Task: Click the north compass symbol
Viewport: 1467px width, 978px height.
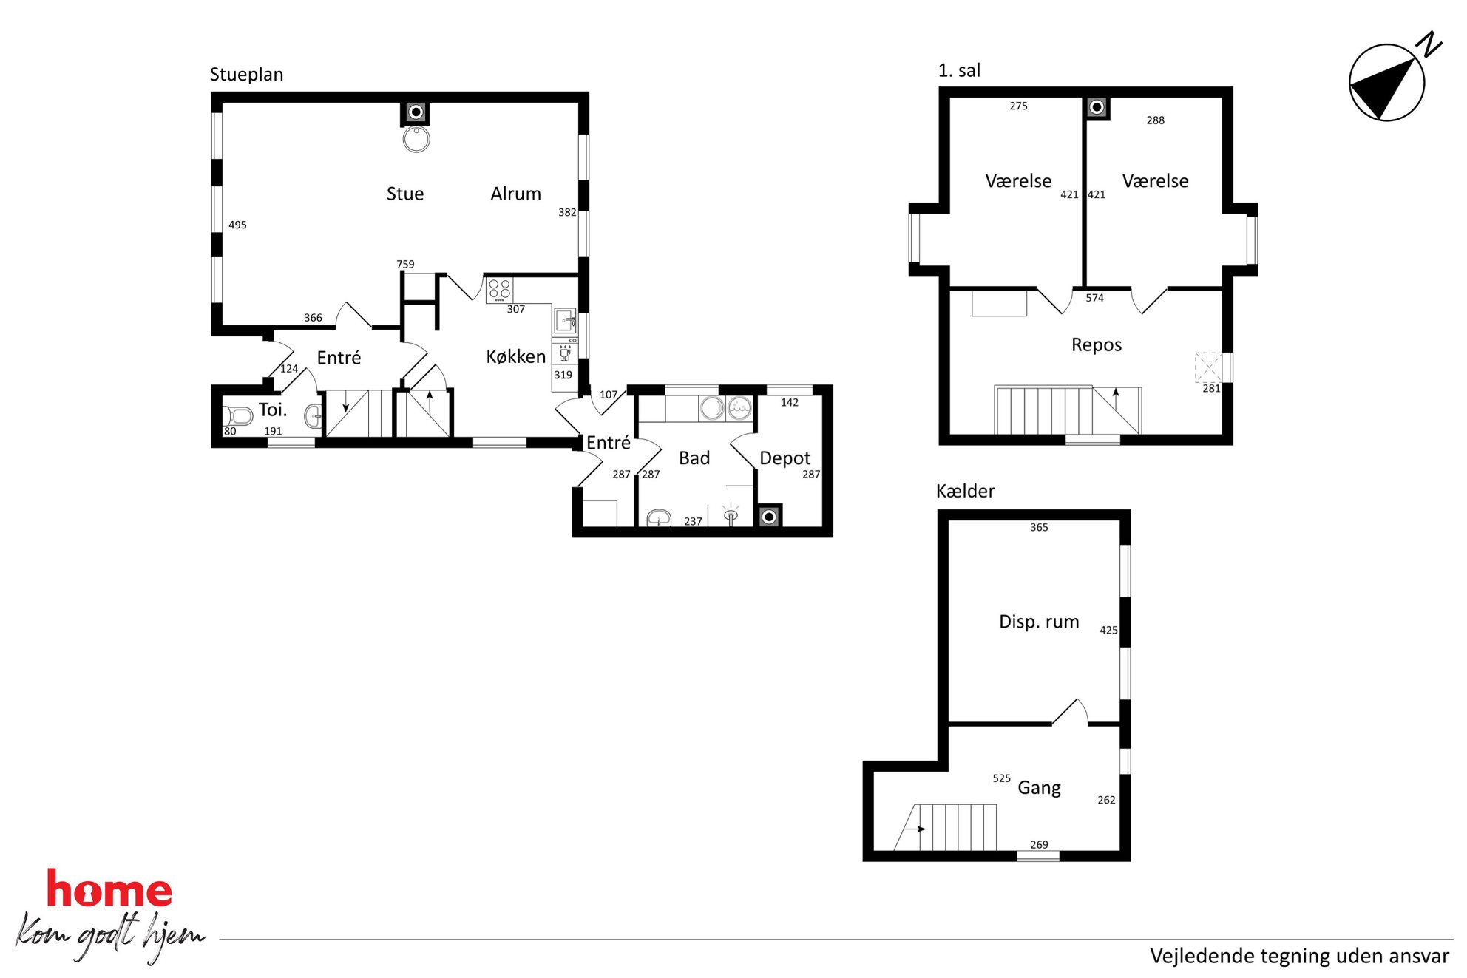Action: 1387,81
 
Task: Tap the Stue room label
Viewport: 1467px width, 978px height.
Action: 405,194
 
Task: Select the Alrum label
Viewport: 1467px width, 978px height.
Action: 515,194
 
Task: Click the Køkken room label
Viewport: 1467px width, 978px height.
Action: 515,356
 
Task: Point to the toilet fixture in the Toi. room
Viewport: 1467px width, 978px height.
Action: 237,415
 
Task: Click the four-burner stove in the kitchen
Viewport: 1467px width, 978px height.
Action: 499,290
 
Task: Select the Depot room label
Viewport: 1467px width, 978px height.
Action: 785,458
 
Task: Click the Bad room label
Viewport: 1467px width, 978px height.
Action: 694,458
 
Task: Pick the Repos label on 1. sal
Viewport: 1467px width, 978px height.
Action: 1097,345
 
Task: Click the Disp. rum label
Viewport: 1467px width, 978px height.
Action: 1039,622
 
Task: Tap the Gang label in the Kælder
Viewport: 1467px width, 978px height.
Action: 1039,788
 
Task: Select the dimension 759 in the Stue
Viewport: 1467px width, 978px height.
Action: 405,265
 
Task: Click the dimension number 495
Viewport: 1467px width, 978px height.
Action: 237,225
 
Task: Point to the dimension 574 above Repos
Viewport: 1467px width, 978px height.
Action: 1094,298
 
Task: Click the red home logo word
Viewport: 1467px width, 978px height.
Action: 109,889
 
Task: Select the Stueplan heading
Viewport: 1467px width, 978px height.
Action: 246,75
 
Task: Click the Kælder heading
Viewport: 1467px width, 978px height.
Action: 965,491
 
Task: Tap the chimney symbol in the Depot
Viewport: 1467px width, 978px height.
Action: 769,517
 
